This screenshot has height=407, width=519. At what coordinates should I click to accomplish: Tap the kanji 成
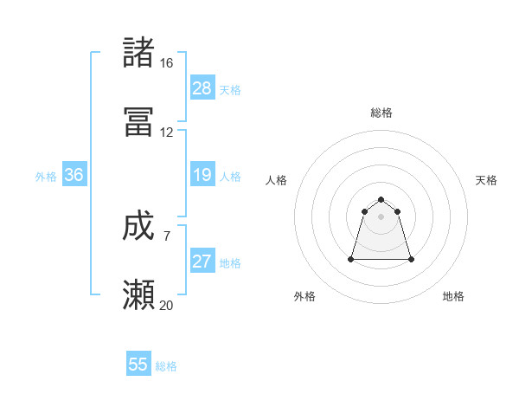click(139, 226)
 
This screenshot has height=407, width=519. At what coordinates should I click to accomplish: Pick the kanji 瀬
click(139, 295)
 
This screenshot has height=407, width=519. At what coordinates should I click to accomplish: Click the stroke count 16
click(166, 63)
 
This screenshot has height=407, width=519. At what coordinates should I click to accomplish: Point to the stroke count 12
click(166, 132)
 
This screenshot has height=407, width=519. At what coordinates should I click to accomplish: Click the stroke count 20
click(166, 305)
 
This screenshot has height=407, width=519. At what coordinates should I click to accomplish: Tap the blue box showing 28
click(202, 88)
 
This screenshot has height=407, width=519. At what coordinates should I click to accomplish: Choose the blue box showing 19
click(202, 175)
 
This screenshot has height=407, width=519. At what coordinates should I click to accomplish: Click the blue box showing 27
click(202, 262)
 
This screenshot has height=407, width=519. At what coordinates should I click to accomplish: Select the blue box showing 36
click(74, 175)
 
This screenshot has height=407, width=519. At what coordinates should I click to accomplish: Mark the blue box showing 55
click(138, 365)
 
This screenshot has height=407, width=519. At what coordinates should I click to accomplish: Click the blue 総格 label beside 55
click(166, 366)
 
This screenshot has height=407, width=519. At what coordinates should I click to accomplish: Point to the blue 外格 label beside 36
click(46, 176)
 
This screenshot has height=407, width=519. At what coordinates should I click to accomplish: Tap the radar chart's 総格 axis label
click(381, 113)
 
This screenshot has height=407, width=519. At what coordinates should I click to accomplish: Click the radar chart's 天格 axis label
click(486, 180)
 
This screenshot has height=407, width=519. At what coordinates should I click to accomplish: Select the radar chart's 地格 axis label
click(453, 296)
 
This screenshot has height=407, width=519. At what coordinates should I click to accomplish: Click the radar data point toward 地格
click(411, 259)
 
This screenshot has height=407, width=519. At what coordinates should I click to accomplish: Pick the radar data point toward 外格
click(352, 259)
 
